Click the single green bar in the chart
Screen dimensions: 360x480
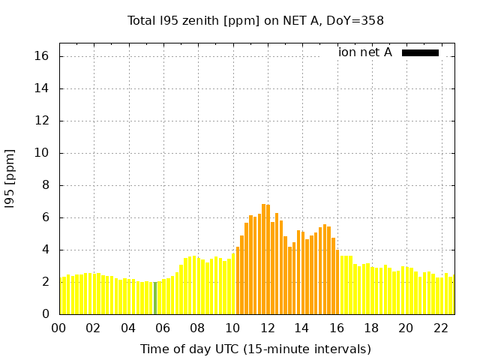click(x=155, y=298)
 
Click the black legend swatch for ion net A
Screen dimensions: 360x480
click(x=420, y=52)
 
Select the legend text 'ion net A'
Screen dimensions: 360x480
click(x=364, y=52)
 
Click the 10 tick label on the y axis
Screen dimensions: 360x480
click(x=42, y=153)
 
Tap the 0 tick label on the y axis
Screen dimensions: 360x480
click(x=45, y=314)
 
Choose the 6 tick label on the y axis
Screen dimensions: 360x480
click(x=45, y=217)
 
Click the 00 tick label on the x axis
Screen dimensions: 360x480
click(x=58, y=328)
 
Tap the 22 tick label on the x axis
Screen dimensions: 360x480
click(x=440, y=328)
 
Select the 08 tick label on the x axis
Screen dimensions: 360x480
click(x=197, y=328)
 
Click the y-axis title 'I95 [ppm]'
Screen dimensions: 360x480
click(x=10, y=178)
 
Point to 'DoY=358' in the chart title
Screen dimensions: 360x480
click(x=358, y=20)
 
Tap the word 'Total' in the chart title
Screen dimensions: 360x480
click(x=142, y=20)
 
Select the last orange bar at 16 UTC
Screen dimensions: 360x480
click(x=337, y=282)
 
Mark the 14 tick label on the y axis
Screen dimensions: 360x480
click(x=42, y=88)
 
